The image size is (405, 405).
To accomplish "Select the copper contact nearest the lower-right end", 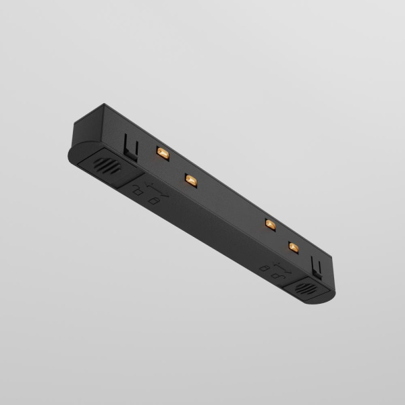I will tap(293, 246).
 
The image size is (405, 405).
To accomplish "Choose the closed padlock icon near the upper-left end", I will tap(153, 201).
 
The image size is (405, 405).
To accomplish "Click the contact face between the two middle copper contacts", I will tap(230, 202).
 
